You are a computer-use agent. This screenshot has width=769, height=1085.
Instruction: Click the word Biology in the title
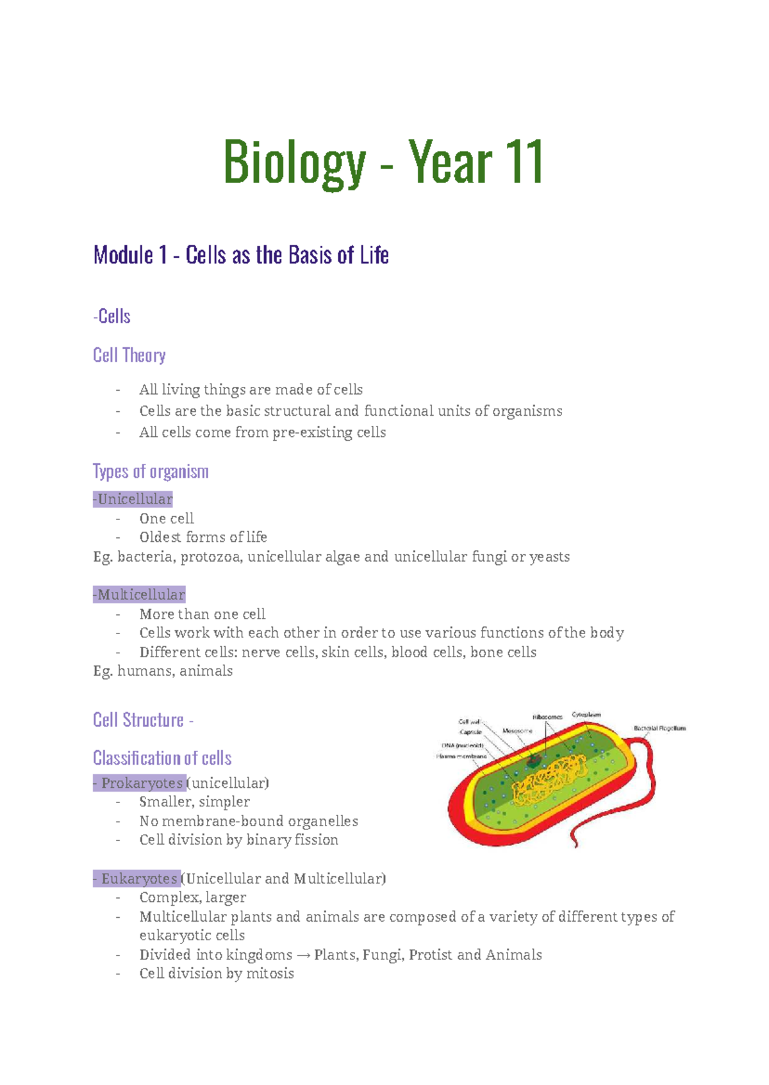294,164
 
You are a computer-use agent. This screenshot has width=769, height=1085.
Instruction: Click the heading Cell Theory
129,355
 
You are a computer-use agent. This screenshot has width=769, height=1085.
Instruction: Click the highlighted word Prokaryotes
142,783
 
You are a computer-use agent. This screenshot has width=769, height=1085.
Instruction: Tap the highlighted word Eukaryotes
139,878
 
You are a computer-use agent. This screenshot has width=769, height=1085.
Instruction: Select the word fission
315,840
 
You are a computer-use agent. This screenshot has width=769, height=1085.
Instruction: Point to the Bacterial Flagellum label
659,728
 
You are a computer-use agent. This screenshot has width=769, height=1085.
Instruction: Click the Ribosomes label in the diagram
547,717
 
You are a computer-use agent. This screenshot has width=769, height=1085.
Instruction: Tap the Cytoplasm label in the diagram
586,714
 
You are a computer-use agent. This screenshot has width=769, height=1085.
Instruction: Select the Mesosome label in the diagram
517,731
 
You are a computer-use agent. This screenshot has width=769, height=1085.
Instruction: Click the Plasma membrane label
461,756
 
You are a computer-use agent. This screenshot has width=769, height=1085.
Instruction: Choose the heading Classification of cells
162,758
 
